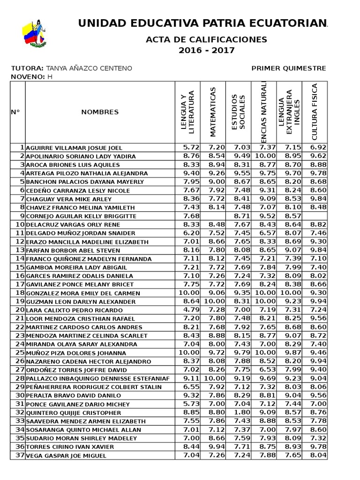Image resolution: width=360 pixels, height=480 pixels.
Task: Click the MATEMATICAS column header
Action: click(213, 112)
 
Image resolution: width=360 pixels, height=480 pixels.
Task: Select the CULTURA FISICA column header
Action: click(315, 112)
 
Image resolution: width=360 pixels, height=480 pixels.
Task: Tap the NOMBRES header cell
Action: click(100, 112)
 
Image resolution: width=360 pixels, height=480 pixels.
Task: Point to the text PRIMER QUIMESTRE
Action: click(289, 68)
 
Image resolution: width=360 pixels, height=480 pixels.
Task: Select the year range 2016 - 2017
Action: click(207, 50)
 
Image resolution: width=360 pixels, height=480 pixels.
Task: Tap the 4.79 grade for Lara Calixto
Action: click(191, 310)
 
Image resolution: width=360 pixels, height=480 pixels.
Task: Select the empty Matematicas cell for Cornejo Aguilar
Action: click(213, 216)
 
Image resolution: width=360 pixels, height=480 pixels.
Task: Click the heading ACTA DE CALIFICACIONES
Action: click(207, 39)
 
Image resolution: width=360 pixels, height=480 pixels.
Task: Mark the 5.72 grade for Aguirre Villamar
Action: click(191, 147)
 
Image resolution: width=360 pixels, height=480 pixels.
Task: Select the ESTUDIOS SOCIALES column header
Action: click(238, 112)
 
